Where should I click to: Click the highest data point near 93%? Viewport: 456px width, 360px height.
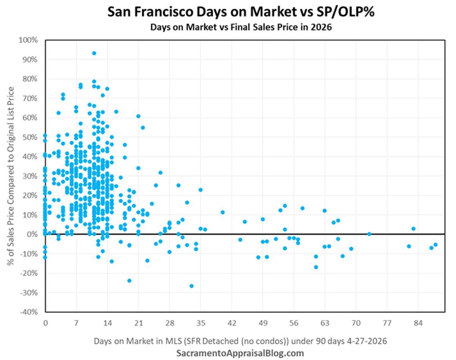pos(94,53)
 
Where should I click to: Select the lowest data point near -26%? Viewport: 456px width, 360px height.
pos(192,286)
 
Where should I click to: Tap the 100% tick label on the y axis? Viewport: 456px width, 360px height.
pos(30,40)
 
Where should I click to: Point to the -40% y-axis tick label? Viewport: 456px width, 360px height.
pos(30,312)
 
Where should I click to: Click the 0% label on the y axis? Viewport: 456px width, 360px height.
pos(33,234)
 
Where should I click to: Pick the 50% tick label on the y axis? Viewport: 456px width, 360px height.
pos(31,137)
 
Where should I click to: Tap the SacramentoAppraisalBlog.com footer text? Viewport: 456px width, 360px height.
pos(240,353)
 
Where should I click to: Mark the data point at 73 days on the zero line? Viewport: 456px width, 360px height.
pos(369,234)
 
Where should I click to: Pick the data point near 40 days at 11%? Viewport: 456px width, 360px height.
pos(223,213)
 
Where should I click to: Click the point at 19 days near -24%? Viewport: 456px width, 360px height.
pos(129,281)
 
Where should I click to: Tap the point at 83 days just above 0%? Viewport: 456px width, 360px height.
pos(413,229)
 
